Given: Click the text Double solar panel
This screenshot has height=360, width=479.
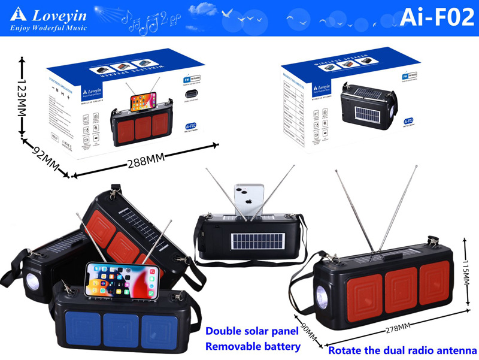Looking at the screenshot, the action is (251, 331).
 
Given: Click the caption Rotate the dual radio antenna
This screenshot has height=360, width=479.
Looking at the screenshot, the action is (402, 350).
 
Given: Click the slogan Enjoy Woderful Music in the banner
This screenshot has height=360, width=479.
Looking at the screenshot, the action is (48, 28).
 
